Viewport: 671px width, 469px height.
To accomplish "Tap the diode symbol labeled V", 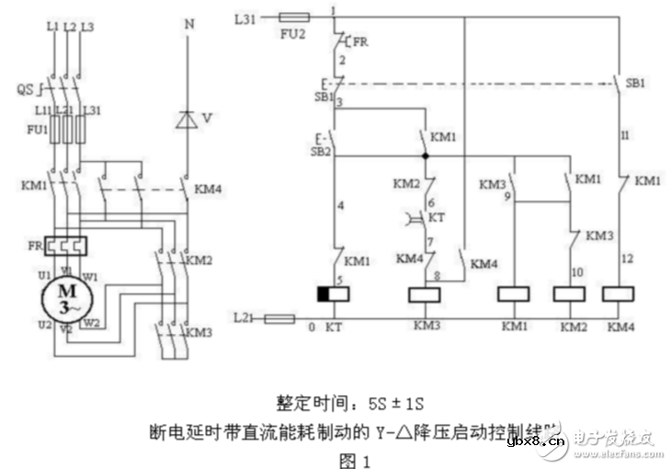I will (188, 119).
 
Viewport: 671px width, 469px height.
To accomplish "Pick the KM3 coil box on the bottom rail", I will (427, 294).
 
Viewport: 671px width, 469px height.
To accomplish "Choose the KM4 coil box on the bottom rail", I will (621, 294).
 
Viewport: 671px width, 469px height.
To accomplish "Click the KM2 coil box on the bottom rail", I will (571, 294).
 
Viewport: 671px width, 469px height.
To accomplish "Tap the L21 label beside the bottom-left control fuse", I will (244, 317).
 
